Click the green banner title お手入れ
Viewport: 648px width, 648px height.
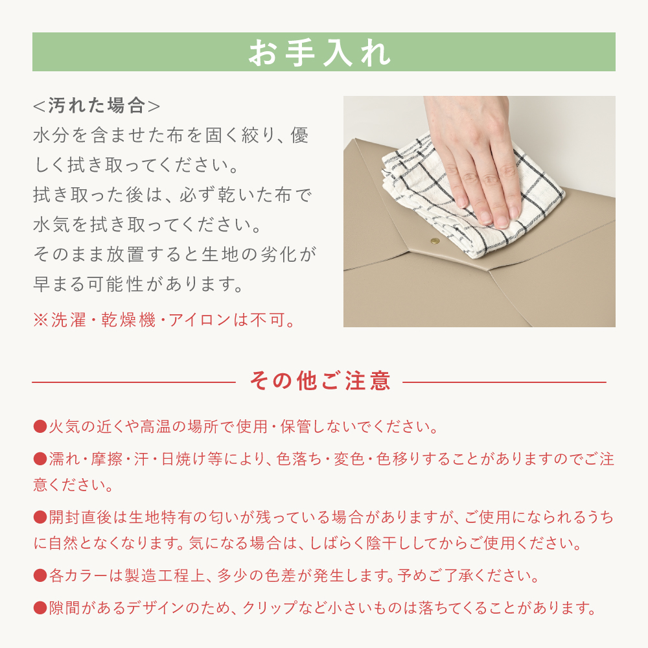(319, 52)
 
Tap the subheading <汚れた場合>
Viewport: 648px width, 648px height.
(97, 106)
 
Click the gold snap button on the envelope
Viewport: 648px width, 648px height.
(435, 241)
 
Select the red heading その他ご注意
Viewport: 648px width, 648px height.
(320, 380)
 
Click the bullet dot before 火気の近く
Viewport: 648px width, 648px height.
(40, 426)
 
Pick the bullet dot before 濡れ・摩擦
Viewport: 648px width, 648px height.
(40, 459)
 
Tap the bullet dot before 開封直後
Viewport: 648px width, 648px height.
(40, 517)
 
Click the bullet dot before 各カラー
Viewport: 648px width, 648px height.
(40, 575)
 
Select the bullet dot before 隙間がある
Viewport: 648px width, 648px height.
(40, 608)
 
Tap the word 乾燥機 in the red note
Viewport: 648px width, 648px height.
(128, 320)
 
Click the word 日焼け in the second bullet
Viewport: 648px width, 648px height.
(183, 459)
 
